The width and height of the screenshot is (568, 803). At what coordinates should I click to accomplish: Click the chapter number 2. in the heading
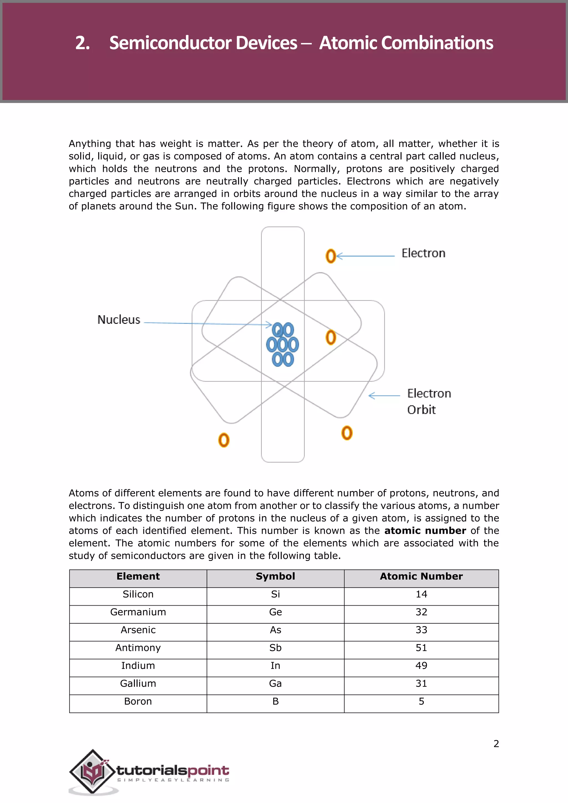83,43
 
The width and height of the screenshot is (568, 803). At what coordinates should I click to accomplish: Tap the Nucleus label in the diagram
119,320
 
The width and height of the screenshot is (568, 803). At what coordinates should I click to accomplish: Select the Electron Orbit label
428,402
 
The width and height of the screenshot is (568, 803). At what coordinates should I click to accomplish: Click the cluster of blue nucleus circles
283,344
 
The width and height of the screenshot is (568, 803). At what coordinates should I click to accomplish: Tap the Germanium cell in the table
138,612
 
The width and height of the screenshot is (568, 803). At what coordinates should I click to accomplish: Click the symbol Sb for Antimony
275,648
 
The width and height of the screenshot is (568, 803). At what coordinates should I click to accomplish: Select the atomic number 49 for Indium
421,665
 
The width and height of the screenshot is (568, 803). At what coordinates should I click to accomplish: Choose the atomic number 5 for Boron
421,701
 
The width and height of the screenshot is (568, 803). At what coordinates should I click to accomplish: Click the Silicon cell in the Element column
138,594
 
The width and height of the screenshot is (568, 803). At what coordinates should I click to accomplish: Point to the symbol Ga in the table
275,683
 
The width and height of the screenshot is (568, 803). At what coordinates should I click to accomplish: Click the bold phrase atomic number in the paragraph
425,530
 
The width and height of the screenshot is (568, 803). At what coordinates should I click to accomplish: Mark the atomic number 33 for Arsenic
421,630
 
